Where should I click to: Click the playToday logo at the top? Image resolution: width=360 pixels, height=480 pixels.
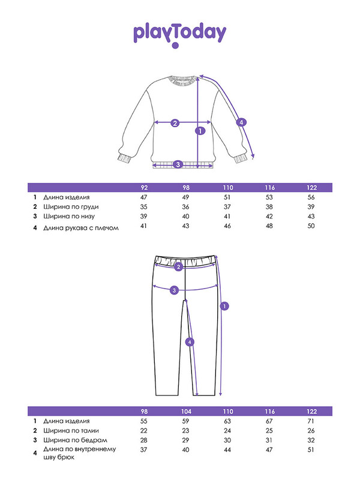(x=179, y=34)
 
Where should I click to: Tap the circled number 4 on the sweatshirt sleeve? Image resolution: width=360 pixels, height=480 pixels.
(x=241, y=122)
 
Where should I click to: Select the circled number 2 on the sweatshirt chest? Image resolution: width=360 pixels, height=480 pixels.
(x=175, y=124)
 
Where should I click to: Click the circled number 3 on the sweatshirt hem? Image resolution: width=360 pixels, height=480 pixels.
(x=177, y=164)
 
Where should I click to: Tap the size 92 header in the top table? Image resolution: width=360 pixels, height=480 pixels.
(x=144, y=188)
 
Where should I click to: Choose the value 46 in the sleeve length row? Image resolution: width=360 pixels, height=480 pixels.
(x=228, y=226)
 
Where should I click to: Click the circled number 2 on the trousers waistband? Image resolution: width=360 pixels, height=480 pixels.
(x=178, y=267)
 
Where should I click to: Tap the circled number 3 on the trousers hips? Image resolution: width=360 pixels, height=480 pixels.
(x=174, y=290)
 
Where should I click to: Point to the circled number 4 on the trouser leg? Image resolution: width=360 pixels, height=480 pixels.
(x=190, y=342)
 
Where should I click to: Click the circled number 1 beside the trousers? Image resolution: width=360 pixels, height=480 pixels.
(x=224, y=306)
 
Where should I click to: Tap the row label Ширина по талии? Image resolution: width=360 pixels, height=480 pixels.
(x=67, y=431)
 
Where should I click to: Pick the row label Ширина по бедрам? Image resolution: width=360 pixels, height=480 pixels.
(x=69, y=440)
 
